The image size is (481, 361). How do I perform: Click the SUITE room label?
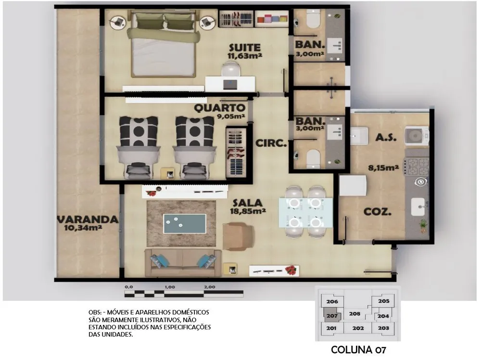pyautogui.click(x=245, y=48)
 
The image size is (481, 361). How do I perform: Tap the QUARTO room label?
pyautogui.click(x=220, y=108)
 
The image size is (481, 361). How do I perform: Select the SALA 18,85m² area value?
pyautogui.click(x=248, y=211)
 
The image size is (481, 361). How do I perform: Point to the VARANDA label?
pyautogui.click(x=88, y=219)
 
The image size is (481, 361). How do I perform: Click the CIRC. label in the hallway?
pyautogui.click(x=271, y=143)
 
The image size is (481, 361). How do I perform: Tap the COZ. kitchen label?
pyautogui.click(x=377, y=211)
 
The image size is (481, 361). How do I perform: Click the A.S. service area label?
pyautogui.click(x=386, y=137)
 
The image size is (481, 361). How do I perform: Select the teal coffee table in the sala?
pyautogui.click(x=185, y=224)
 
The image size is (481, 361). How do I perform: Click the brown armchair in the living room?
pyautogui.click(x=238, y=236)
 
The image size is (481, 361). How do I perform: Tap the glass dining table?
pyautogui.click(x=305, y=212)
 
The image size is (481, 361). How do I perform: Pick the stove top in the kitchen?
pyautogui.click(x=417, y=167)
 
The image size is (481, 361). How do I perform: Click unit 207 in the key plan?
pyautogui.click(x=332, y=316)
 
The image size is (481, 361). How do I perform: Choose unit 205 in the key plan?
pyautogui.click(x=384, y=301)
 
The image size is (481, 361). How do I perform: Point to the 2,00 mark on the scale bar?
pyautogui.click(x=210, y=287)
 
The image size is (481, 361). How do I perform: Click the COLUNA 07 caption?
pyautogui.click(x=358, y=350)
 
